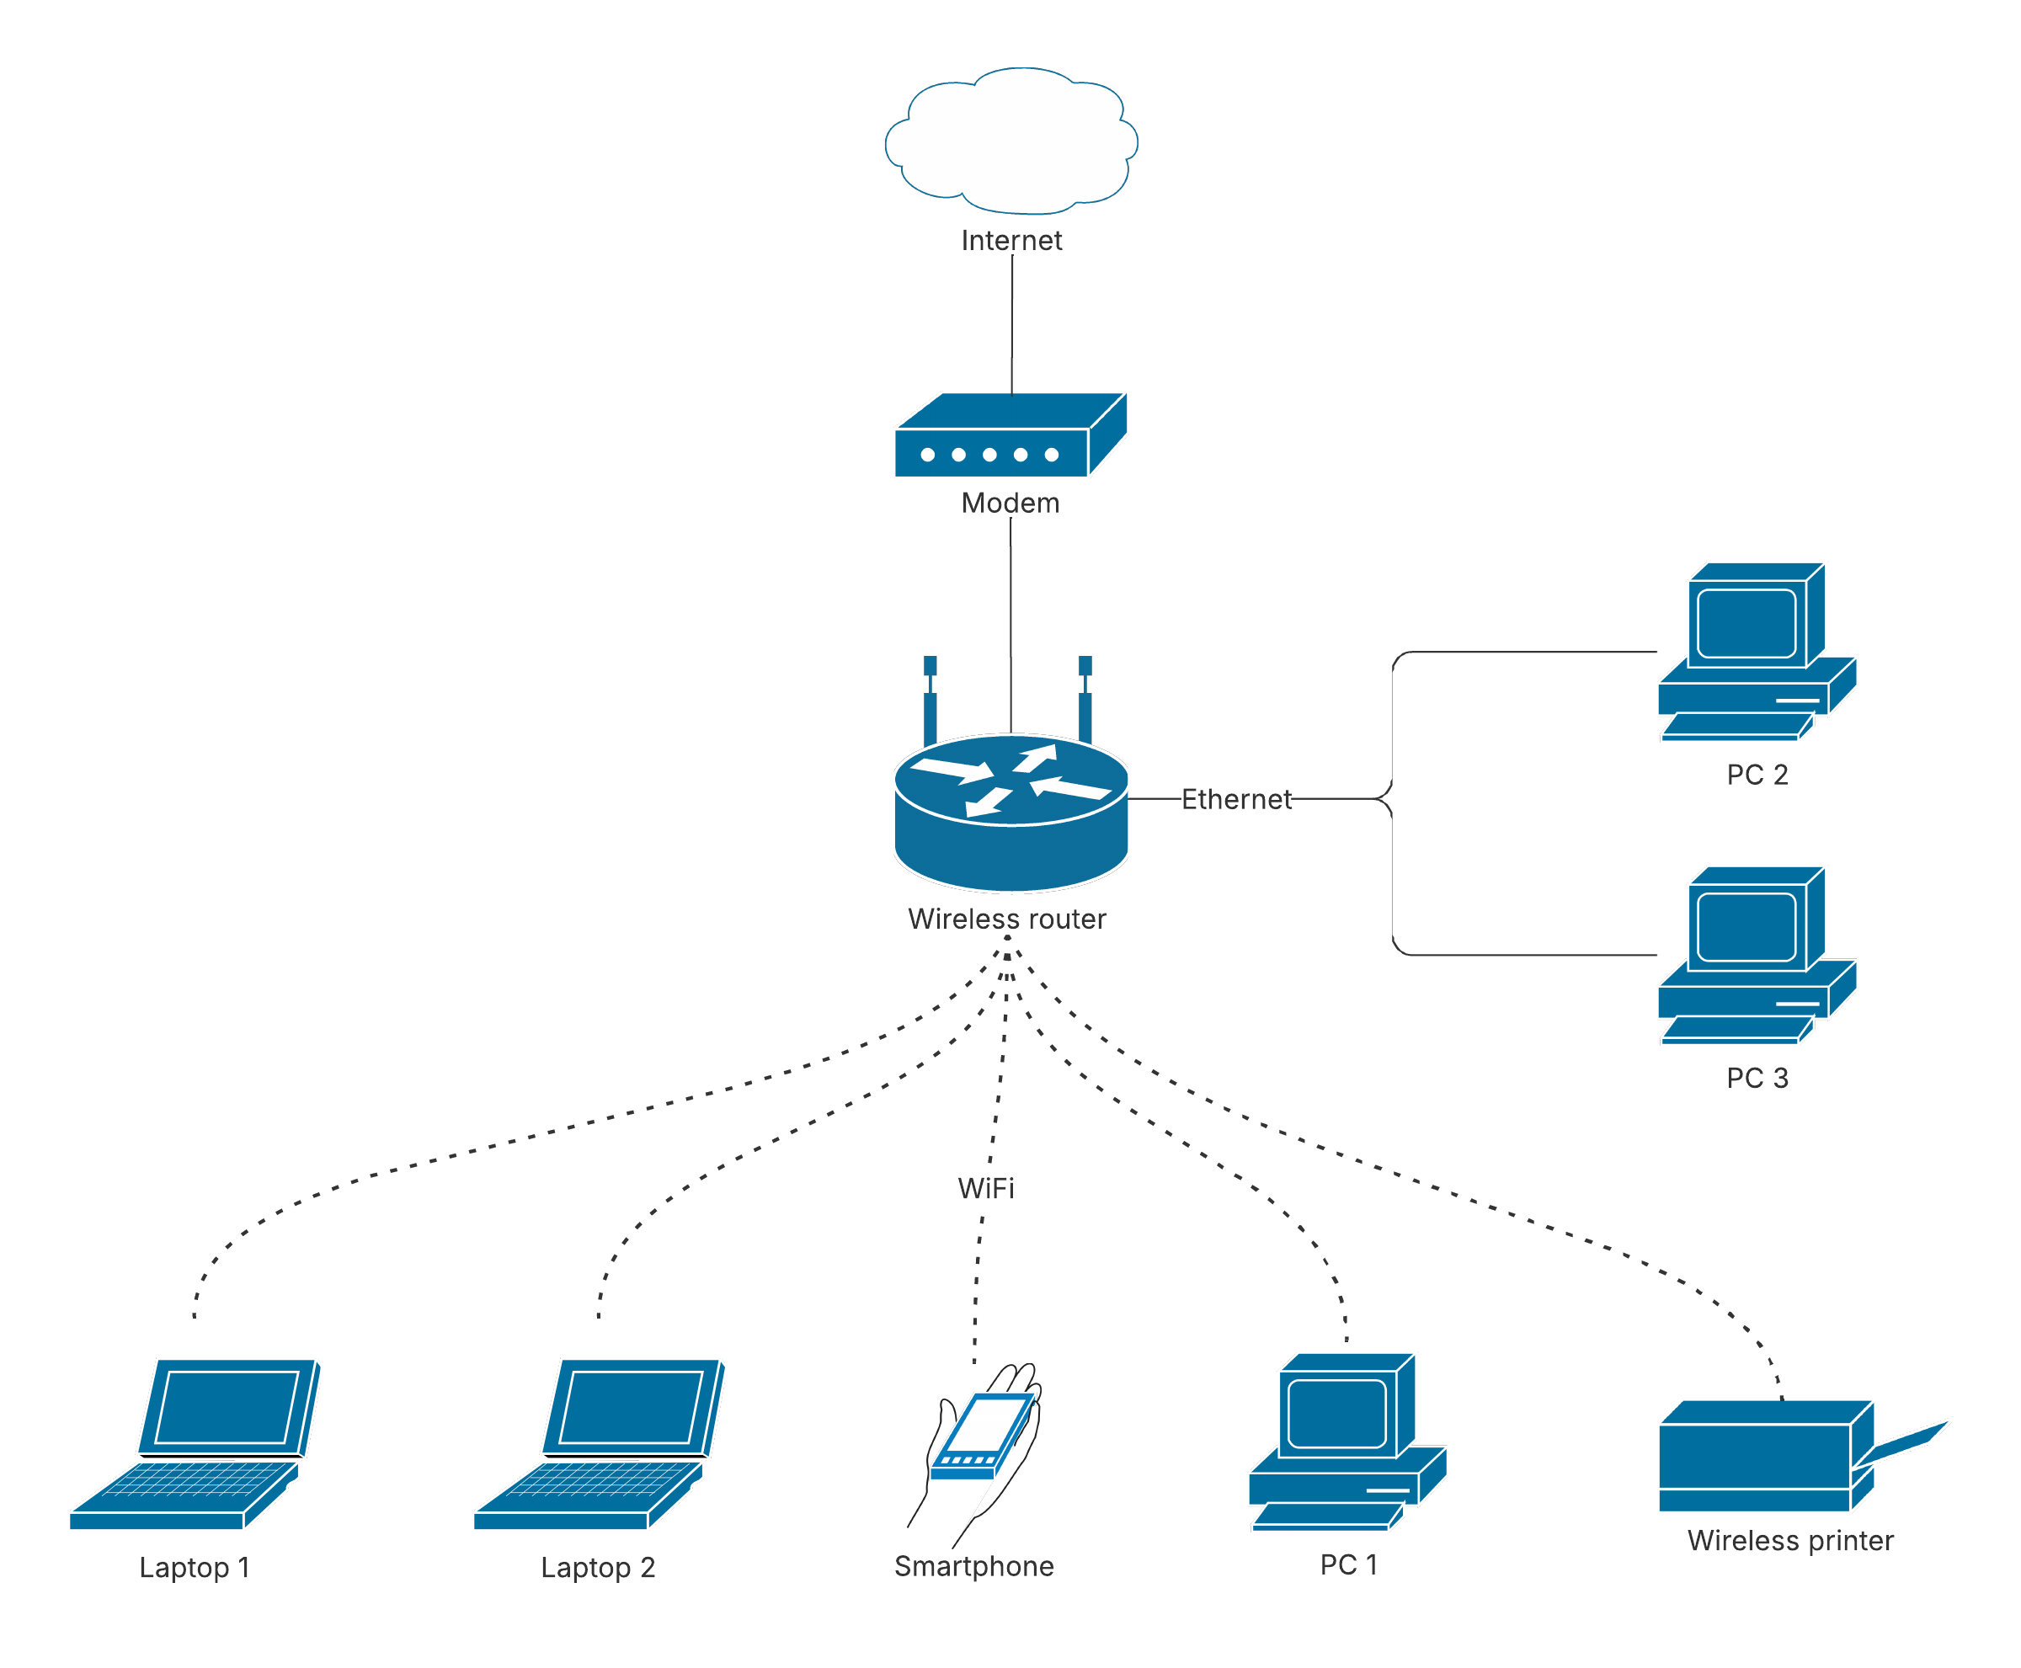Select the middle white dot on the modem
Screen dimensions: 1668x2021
(989, 455)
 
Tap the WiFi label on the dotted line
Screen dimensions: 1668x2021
(985, 1187)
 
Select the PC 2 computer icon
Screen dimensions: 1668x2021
(1755, 652)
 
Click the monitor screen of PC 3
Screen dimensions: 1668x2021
(1745, 926)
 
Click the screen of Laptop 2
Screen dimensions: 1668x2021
(632, 1407)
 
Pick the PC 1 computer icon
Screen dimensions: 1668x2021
(1346, 1441)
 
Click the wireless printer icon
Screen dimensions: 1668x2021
(1763, 1456)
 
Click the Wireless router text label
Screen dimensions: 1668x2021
(1006, 919)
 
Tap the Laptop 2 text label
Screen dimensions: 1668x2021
(597, 1567)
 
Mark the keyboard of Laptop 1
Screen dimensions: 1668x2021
(197, 1480)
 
